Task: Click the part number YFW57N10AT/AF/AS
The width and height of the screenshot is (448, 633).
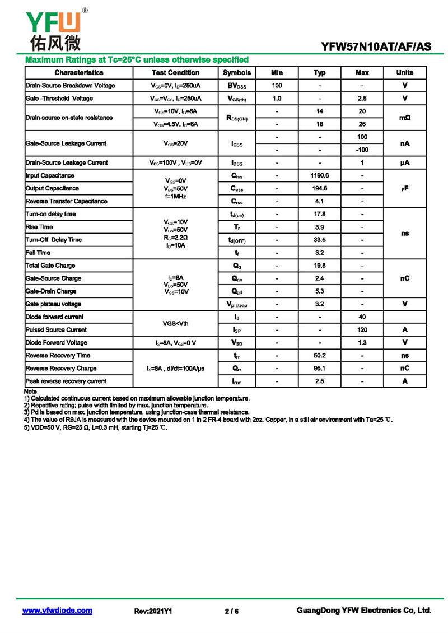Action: [376, 47]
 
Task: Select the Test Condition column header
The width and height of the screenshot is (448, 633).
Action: [175, 73]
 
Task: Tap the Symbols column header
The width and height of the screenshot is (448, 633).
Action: [237, 73]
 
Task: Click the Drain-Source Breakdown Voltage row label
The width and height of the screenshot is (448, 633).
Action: [70, 86]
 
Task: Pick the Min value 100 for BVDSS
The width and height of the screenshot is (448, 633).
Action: [277, 86]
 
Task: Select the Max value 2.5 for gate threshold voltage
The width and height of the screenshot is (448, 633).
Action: [362, 99]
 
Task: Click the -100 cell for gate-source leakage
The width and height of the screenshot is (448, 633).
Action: [362, 150]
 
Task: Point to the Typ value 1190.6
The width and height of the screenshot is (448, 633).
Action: [319, 175]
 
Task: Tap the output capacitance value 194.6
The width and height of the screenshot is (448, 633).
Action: [319, 188]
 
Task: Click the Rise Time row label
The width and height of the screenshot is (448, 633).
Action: [39, 227]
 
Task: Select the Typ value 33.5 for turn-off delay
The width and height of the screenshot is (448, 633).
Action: [319, 240]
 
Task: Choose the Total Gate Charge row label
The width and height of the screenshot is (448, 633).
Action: [50, 266]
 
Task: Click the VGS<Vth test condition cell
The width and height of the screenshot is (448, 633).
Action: [175, 323]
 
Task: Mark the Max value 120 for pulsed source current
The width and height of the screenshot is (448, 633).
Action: [362, 330]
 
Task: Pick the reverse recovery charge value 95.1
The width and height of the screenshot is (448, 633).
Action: [319, 369]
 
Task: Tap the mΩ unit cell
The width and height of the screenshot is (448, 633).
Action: [405, 118]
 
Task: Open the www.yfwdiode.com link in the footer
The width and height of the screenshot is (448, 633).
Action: [57, 611]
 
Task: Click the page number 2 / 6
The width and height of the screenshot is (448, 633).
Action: [231, 611]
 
